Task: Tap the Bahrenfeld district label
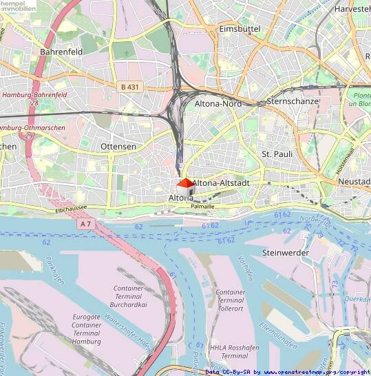coord(62,52)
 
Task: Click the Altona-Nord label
coord(218,103)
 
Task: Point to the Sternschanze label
coord(292,101)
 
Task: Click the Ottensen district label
coord(118,147)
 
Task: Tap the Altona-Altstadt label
coord(221,183)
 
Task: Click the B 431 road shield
coord(129,87)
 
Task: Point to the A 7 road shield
coord(86,224)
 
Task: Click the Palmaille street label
coord(203,205)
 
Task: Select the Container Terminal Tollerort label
coord(230,300)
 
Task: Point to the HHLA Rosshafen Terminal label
coord(229,351)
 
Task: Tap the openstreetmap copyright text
coord(288,372)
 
